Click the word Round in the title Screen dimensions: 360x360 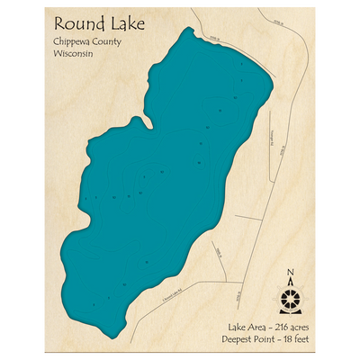(x=75, y=23)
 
